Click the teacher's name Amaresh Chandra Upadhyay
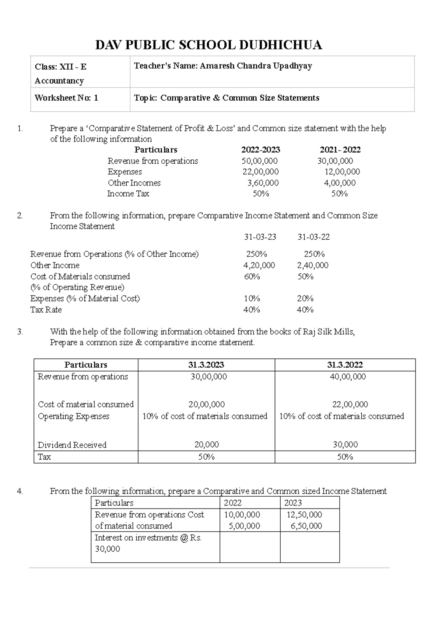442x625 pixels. (x=256, y=66)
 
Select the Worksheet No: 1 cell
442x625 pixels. (x=66, y=98)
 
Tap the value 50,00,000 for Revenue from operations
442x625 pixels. (x=260, y=161)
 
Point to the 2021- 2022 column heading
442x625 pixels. (x=340, y=150)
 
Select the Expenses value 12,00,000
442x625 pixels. (x=342, y=172)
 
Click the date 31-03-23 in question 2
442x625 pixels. (x=260, y=237)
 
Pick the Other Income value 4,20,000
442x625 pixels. (x=259, y=265)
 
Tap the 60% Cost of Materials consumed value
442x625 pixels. (x=252, y=277)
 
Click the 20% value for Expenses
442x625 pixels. (x=305, y=298)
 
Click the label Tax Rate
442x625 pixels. (x=46, y=310)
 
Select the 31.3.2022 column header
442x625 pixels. (x=345, y=365)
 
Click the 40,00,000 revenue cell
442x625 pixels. (x=348, y=377)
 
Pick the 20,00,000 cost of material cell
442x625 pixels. (x=207, y=404)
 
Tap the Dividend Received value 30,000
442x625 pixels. (x=345, y=445)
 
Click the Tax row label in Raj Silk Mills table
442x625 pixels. (x=45, y=457)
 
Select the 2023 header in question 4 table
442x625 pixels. (x=293, y=503)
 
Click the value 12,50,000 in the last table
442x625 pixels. (x=304, y=515)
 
